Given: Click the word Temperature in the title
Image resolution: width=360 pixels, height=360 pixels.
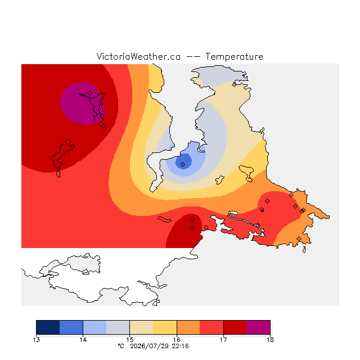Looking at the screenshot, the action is pos(234,56).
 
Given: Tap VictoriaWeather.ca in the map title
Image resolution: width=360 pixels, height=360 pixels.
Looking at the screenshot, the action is pos(138,56).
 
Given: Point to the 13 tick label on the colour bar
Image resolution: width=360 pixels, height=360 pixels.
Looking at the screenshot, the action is pos(36,340).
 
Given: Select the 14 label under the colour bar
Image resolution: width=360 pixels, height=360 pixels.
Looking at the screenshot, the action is pos(83,340).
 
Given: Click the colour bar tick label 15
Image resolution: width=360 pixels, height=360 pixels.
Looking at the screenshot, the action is pos(130,340).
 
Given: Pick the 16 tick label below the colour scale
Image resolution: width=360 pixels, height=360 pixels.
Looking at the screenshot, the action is pos(177,340).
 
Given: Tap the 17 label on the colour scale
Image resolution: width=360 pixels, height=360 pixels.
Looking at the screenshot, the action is pos(223,340).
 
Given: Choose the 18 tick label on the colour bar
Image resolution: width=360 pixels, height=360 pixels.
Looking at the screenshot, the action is pos(270,340).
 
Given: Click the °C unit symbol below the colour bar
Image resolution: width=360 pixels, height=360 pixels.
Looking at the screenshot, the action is pos(121,346).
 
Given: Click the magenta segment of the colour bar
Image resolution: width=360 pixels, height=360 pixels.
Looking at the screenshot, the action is pos(258,327).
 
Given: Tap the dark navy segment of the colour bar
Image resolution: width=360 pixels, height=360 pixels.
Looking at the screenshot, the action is pos(48,327).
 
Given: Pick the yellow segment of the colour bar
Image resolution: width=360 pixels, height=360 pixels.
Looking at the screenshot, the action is pos(165,327).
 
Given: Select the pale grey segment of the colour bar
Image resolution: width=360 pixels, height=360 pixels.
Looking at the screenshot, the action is pos(118,327).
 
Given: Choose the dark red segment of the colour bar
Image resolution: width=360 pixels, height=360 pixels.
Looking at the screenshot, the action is pos(235,327).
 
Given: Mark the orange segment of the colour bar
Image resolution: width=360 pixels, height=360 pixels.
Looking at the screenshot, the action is pos(188,327).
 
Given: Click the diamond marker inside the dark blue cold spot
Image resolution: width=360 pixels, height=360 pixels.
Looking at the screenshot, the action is pos(182,164).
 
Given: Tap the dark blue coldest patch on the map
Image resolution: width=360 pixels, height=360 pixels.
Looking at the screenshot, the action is pos(183,161).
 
